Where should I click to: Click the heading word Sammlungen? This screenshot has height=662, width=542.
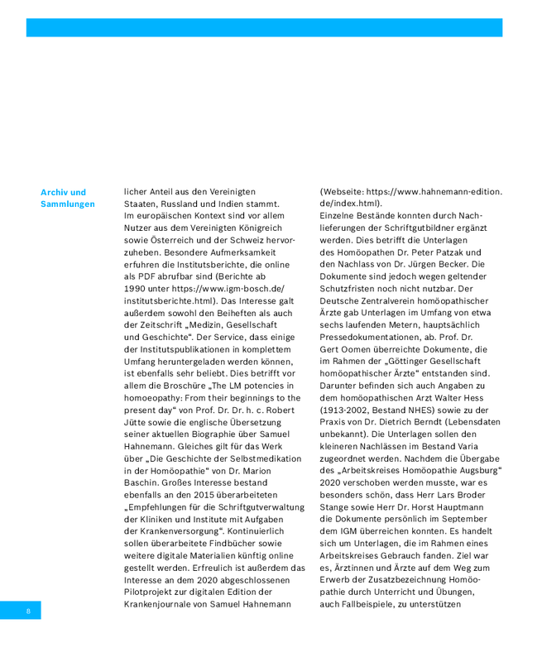pyautogui.click(x=68, y=204)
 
